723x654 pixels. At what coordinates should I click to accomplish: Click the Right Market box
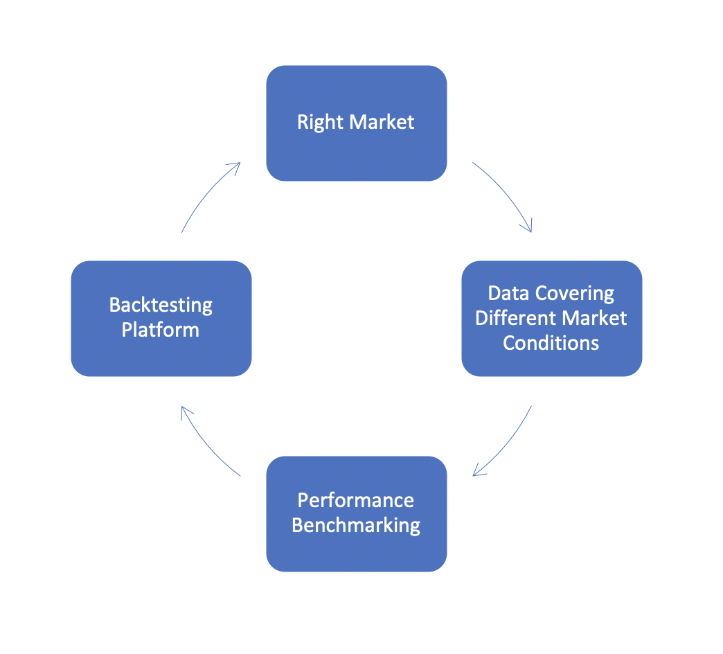[x=357, y=123]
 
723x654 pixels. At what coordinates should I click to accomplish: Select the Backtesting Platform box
[x=161, y=319]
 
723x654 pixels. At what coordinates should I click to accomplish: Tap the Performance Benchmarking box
[x=357, y=514]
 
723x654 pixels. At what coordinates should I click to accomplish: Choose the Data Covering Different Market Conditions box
[x=552, y=319]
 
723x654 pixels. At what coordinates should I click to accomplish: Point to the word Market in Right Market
[x=382, y=122]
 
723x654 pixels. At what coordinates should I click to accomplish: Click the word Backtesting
[x=161, y=306]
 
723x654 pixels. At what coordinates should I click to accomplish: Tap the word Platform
[x=161, y=330]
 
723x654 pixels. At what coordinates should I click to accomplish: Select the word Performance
[x=356, y=500]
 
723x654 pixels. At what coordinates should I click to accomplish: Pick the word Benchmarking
[x=356, y=526]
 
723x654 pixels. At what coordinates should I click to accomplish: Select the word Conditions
[x=551, y=343]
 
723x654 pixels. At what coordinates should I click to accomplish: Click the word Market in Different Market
[x=594, y=318]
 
